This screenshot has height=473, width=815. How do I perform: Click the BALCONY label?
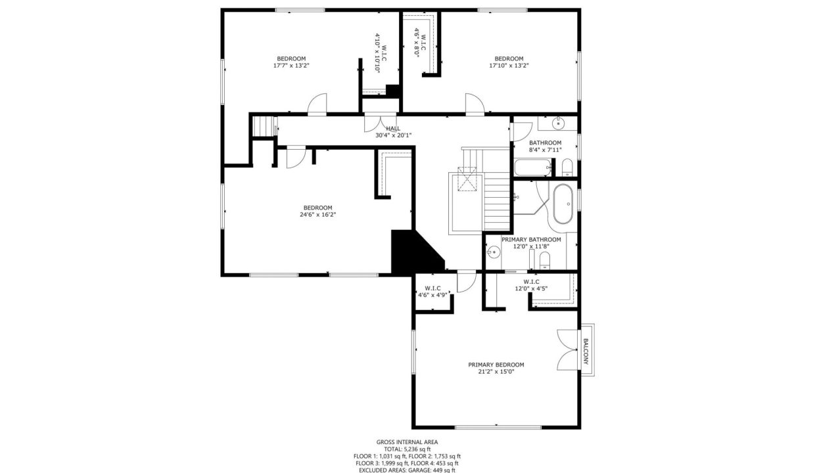point(586,351)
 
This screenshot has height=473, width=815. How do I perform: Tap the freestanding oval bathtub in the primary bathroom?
point(563,204)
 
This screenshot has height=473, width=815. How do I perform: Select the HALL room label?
point(393,128)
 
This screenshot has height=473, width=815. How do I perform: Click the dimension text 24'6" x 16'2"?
point(317,215)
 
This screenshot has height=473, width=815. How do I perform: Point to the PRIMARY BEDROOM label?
point(496,365)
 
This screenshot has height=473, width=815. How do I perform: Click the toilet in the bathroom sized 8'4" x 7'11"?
point(567,168)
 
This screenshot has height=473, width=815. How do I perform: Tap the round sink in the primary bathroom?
point(494,251)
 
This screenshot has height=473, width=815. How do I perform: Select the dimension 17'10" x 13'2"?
point(509,66)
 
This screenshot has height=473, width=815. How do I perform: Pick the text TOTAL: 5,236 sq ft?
point(407,449)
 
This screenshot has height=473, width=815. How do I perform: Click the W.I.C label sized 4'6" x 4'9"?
point(432,288)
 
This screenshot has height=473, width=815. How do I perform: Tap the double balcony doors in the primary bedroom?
point(567,349)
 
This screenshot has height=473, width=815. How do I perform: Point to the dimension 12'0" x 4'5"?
point(531,288)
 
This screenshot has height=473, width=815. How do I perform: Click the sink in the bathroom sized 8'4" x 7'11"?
point(558,124)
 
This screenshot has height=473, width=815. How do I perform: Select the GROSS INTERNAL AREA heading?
point(407,442)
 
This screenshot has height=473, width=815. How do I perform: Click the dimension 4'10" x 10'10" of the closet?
point(377,53)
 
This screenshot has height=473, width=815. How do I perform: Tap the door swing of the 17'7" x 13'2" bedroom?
point(317,104)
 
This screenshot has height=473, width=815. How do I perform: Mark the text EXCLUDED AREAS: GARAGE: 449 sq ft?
point(407,470)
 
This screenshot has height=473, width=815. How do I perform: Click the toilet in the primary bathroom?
point(545,261)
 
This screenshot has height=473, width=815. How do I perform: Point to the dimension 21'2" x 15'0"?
point(496,372)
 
